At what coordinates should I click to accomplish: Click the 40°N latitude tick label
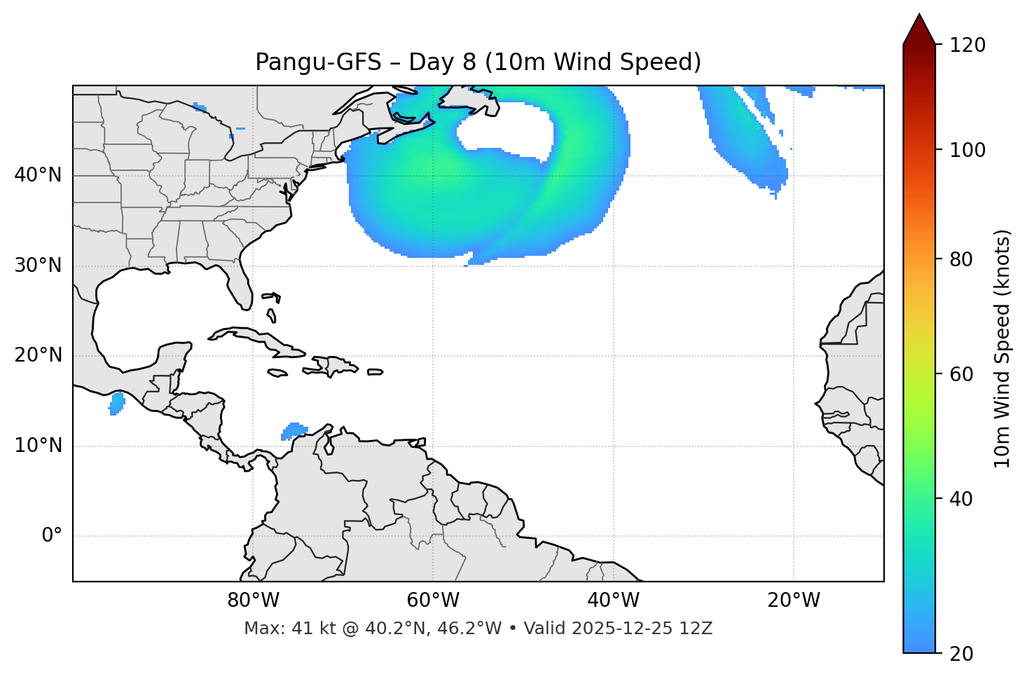[38, 175]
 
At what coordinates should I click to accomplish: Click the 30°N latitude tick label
[38, 266]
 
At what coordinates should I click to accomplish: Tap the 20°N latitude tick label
[38, 355]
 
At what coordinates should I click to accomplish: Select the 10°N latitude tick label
[38, 446]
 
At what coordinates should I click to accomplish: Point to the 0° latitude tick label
[52, 536]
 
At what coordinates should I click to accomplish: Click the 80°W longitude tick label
[253, 601]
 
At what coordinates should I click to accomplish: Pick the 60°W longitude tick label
[433, 601]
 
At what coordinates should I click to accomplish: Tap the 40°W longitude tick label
[614, 601]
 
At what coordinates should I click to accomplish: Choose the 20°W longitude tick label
[794, 601]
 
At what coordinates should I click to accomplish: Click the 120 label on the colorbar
[967, 46]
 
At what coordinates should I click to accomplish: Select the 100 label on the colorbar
[967, 150]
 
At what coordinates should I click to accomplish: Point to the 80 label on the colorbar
[962, 259]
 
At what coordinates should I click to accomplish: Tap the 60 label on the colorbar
[962, 374]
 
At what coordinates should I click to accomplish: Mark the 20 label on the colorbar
[962, 654]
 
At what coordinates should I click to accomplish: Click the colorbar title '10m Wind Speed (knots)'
[1002, 349]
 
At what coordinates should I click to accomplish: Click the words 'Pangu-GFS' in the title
[318, 62]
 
